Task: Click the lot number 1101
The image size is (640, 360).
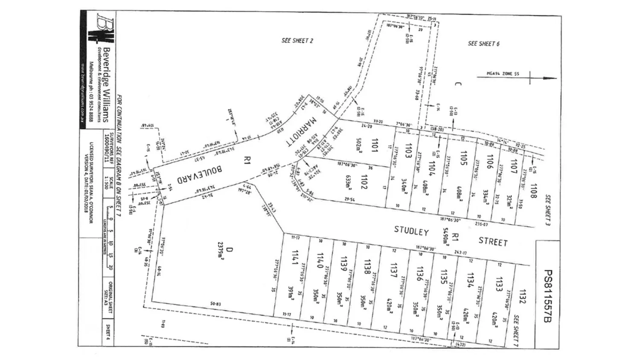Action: click(374, 145)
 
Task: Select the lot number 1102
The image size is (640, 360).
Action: click(364, 182)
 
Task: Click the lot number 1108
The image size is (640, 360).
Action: click(533, 192)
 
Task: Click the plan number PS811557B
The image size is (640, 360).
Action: click(548, 296)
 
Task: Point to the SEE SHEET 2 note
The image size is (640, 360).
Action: click(297, 41)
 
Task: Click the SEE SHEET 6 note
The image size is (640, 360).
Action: click(483, 44)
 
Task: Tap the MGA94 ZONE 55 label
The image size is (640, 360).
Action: click(503, 74)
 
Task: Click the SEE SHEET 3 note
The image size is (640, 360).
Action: click(548, 210)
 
